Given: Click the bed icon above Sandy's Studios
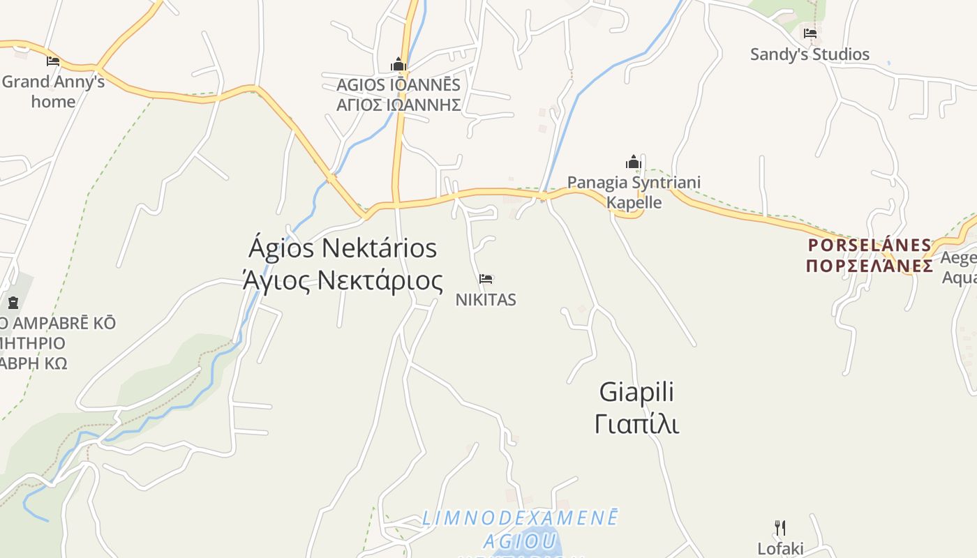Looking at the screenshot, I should click(810, 33).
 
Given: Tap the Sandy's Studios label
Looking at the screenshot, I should click(810, 54).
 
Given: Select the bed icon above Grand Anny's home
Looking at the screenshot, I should click(53, 61).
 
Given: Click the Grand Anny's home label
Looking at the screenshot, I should click(53, 91).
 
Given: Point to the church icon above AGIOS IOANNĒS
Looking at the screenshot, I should click(398, 65).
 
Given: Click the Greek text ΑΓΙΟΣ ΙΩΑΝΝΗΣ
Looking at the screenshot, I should click(398, 105).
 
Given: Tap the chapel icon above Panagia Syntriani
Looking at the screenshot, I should click(634, 163).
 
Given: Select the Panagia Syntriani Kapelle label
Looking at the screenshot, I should click(634, 193).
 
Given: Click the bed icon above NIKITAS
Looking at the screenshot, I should click(486, 279).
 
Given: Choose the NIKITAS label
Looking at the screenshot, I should click(486, 300).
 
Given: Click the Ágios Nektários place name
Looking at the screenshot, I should click(343, 248).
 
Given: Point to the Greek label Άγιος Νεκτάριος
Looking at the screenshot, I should click(343, 280).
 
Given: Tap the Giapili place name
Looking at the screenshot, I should click(636, 392).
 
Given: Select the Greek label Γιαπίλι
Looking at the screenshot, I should click(636, 423).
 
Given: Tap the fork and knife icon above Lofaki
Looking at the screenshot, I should click(780, 528).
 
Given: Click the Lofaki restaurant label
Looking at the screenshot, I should click(780, 548).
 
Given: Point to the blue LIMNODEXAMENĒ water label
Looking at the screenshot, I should click(520, 519).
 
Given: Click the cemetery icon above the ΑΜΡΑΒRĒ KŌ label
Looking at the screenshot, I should click(13, 303).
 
